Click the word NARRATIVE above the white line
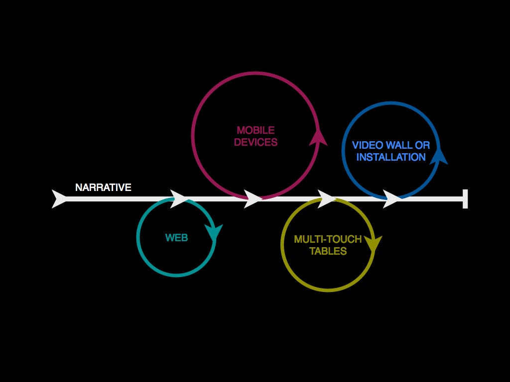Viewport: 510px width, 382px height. (103, 188)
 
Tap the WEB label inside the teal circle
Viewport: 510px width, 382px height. (176, 238)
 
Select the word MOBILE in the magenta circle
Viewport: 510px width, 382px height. (255, 130)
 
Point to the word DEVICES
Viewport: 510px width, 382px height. (255, 142)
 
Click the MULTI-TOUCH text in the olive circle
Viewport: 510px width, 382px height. (328, 239)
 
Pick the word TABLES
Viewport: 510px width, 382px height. (328, 251)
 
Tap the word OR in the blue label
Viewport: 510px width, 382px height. (423, 145)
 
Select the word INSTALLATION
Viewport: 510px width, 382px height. (391, 157)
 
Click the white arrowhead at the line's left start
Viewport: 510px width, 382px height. (59, 198)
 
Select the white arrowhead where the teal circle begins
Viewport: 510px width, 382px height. (179, 198)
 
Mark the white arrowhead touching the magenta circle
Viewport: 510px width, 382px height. (253, 198)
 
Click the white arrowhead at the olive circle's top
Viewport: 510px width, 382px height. (326, 198)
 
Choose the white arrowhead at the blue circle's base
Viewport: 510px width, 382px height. (391, 198)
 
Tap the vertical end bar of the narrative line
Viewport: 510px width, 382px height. (465, 198)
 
